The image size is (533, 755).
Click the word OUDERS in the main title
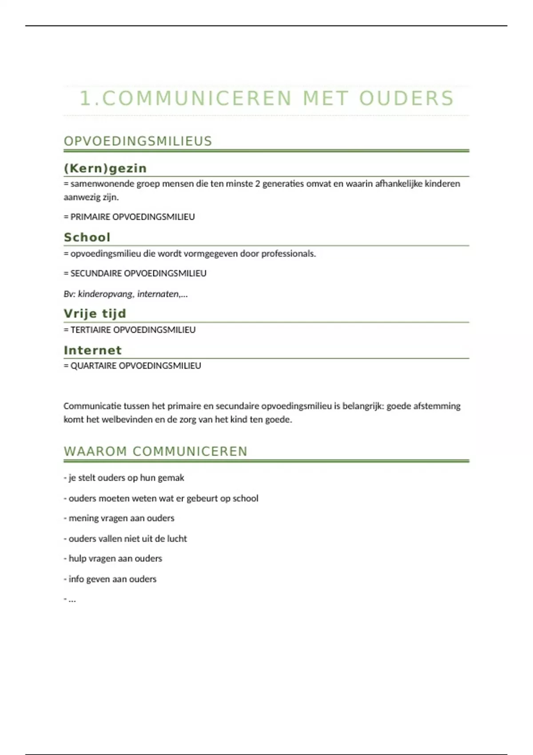406,98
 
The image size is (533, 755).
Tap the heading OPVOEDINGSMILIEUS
138,141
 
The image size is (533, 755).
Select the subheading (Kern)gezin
105,168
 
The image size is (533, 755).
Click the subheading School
87,237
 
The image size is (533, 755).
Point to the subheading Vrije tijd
95,314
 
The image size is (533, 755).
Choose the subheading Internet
92,350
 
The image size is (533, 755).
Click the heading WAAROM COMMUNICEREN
155,451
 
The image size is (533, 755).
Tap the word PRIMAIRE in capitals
90,217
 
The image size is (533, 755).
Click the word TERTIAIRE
91,330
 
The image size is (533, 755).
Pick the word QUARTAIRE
94,366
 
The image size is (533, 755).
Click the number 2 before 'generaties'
258,184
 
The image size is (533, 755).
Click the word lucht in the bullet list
177,539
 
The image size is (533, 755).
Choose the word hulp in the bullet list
77,559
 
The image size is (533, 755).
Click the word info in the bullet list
76,579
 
